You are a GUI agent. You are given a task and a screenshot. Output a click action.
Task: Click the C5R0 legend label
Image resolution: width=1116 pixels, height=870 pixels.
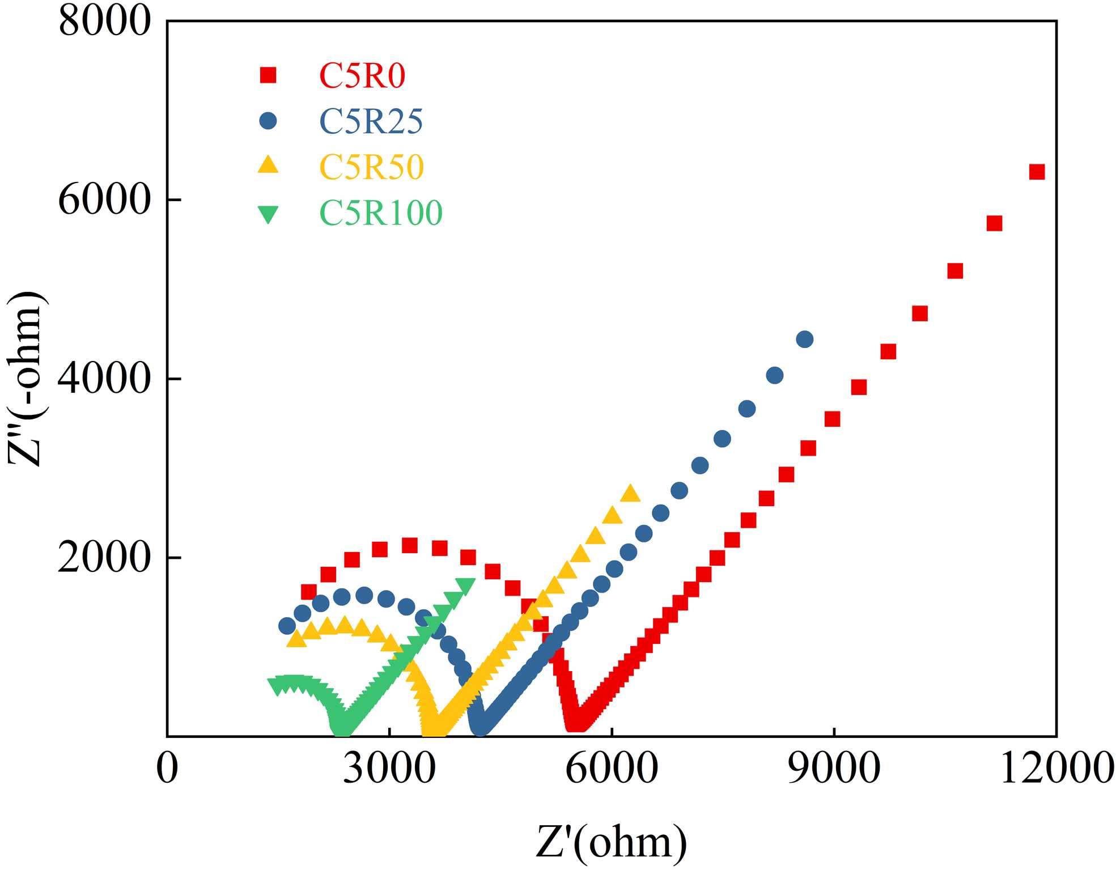pos(362,75)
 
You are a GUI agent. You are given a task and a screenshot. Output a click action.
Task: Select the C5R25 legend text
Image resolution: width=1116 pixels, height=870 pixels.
pos(371,121)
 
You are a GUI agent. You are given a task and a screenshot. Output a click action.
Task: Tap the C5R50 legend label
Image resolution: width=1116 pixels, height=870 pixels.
pos(372,167)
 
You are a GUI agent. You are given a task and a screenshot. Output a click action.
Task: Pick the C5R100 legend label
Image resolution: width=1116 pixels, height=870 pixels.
pos(381,213)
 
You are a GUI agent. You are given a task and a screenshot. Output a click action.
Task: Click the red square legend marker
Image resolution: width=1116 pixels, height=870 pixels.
pos(268,75)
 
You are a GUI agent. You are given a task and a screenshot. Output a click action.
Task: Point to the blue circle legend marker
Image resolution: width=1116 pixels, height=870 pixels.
pos(268,121)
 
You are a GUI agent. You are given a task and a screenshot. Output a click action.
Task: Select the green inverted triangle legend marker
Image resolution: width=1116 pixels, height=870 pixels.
pos(268,214)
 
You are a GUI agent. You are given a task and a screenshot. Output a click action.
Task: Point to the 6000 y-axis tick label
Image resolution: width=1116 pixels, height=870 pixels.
pos(105,200)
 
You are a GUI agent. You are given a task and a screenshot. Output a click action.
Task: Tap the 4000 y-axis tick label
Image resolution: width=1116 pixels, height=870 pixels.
pos(105,379)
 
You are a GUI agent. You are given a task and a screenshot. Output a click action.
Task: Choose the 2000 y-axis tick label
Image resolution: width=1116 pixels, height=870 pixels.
pos(105,558)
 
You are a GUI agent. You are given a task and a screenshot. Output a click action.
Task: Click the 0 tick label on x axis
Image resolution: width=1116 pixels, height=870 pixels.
pos(167,769)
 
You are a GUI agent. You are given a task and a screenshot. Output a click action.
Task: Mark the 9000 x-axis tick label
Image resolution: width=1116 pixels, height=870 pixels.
pos(834,769)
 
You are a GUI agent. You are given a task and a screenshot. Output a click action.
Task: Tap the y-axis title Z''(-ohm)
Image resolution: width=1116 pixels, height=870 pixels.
pos(27,379)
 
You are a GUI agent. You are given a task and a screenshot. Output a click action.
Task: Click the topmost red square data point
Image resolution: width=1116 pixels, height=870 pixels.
pos(1037,172)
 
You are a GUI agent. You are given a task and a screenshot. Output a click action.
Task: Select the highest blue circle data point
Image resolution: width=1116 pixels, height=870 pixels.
pos(805,339)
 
